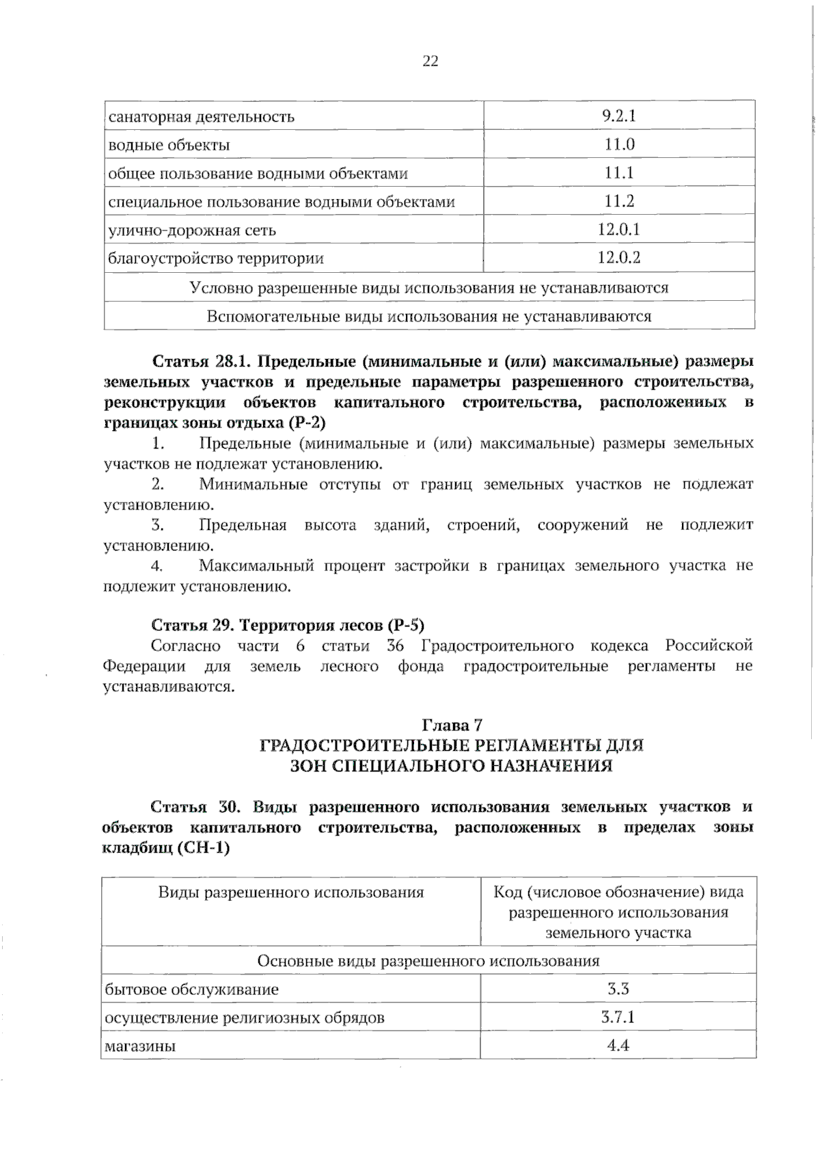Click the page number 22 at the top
coord(430,62)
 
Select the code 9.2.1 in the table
coord(618,116)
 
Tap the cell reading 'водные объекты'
coord(169,145)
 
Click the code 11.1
coord(618,173)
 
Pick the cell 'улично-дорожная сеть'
coord(192,230)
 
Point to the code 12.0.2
coord(618,258)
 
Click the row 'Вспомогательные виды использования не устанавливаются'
coord(429,317)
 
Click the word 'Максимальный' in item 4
coord(256,566)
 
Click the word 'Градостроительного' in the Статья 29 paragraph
coord(497,646)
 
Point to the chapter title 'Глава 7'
coord(452,724)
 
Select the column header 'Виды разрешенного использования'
coord(291,892)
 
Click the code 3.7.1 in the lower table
coord(618,1017)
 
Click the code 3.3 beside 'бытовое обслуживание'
coord(618,989)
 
